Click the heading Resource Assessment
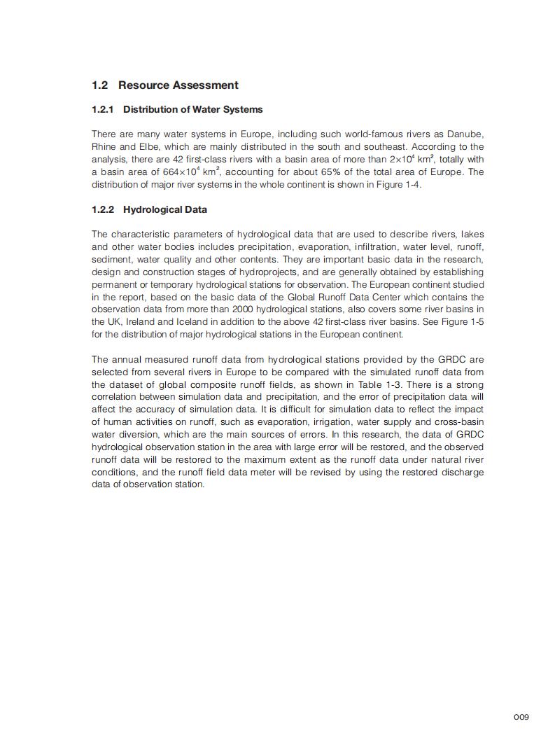(x=178, y=85)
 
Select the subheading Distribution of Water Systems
(x=192, y=109)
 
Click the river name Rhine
(x=104, y=146)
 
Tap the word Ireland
(x=139, y=321)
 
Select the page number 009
(x=521, y=716)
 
